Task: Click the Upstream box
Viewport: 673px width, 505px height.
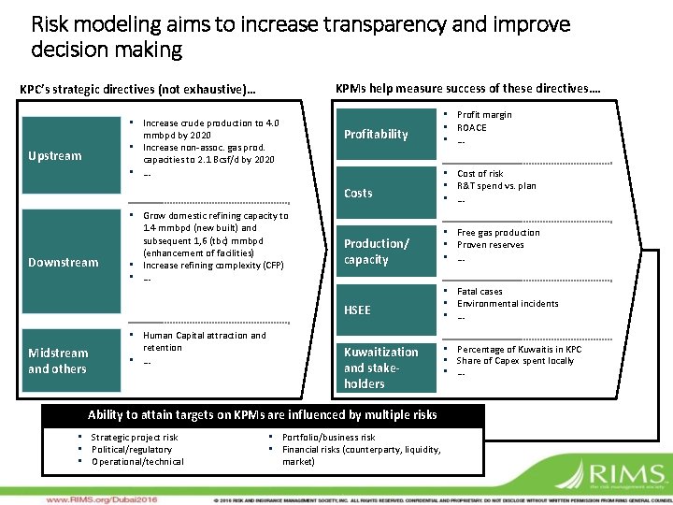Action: (64, 156)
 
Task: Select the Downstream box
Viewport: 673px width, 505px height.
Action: (64, 263)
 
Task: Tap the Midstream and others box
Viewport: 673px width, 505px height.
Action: (64, 361)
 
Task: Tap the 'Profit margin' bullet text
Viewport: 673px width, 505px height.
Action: (484, 115)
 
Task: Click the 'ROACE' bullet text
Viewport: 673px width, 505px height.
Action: (472, 127)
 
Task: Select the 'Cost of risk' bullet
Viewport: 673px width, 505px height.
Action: (480, 174)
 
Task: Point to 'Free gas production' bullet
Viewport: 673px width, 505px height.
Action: (498, 233)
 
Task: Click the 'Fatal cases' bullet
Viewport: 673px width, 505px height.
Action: (480, 292)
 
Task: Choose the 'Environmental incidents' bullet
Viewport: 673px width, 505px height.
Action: (508, 304)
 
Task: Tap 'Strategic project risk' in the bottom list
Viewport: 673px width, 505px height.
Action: (135, 437)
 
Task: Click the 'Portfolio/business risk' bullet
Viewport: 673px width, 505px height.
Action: (328, 437)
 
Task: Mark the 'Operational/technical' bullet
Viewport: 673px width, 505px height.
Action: (137, 461)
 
